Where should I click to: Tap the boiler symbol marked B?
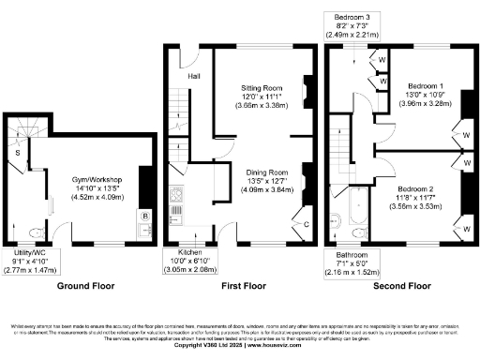point(145,217)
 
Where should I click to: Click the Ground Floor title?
point(85,284)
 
